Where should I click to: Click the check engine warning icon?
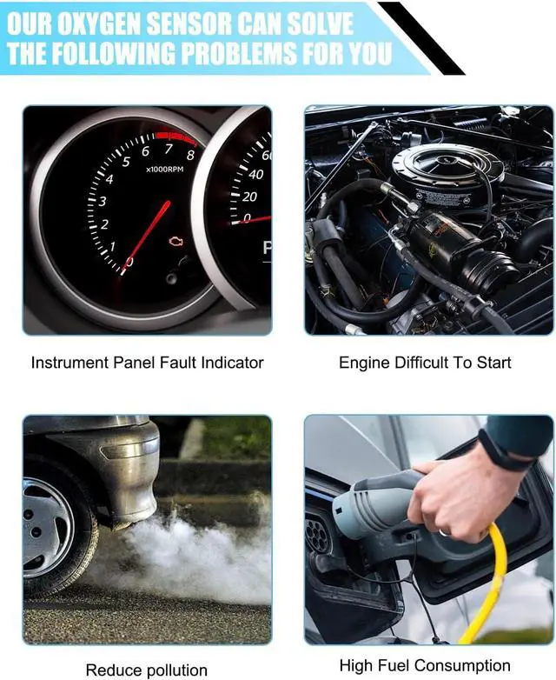(175, 242)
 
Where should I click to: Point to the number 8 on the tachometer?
(190, 155)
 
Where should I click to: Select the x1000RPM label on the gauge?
(164, 170)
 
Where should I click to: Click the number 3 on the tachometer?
(103, 201)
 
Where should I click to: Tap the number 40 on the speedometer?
(255, 174)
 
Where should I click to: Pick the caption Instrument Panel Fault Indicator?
(148, 363)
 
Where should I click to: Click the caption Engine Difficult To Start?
(425, 363)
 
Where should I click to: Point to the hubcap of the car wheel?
(46, 529)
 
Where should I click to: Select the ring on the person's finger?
(443, 532)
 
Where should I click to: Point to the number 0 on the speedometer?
(247, 218)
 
